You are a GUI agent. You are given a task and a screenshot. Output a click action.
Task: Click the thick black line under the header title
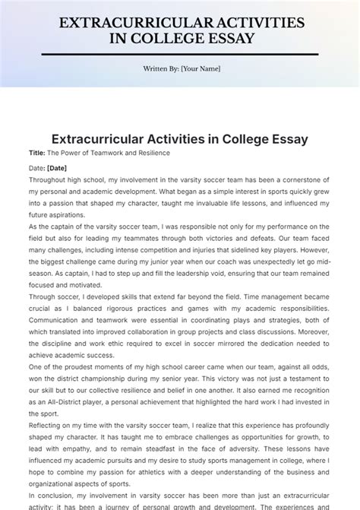click(179, 54)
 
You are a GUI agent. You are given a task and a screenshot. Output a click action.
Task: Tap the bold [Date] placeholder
click(57, 167)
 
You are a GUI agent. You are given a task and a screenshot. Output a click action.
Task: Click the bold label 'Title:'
click(37, 153)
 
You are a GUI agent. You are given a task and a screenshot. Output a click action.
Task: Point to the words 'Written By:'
click(160, 68)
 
